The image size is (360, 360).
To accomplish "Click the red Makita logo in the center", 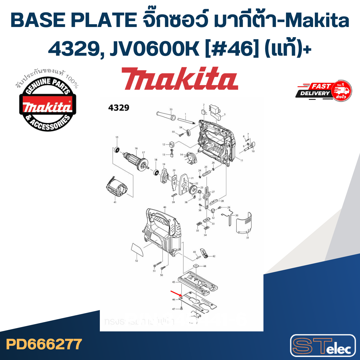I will point(180,79).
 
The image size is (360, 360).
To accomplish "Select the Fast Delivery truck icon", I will point(341,91).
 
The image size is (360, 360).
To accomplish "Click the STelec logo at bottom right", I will point(323,346).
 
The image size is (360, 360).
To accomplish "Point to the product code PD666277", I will point(44,344).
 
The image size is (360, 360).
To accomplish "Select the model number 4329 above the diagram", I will point(119,108).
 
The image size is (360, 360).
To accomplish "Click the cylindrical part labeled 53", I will point(166,115).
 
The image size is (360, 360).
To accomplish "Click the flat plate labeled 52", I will point(137,250).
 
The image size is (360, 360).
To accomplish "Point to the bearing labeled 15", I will point(117,150).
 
